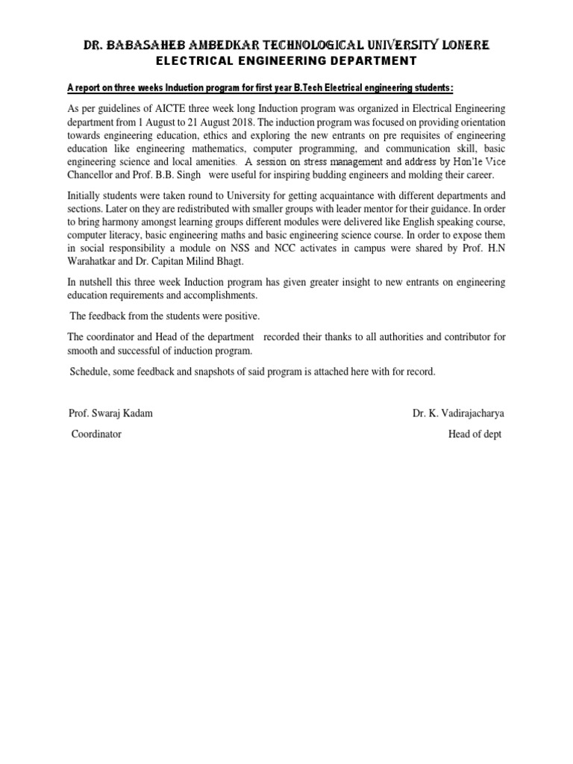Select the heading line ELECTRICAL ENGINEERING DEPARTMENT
pyautogui.click(x=286, y=61)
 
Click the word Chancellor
pyautogui.click(x=93, y=175)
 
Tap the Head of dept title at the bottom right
pyautogui.click(x=475, y=434)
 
